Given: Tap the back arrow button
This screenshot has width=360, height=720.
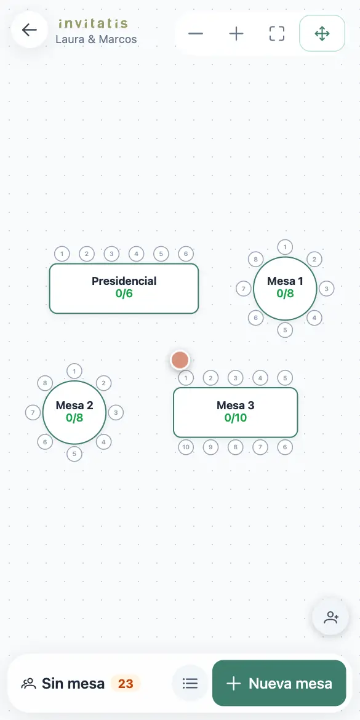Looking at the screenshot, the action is coord(30,30).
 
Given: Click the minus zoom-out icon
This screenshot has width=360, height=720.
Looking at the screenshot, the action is coord(196,33).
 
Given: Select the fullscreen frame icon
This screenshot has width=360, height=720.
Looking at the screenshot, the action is coord(277,33).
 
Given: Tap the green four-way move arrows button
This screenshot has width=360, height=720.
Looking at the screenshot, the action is coord(322,33).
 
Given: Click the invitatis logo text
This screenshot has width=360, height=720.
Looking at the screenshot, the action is coord(93,23).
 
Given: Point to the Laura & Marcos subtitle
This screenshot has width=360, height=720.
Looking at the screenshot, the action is coord(96,39).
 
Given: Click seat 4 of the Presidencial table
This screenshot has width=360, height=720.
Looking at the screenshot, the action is coord(137,254).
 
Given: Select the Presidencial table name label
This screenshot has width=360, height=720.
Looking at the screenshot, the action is coord(124,281).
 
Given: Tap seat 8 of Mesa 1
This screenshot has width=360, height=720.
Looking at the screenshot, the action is coord(256,260).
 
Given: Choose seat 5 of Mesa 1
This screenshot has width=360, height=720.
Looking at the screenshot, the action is coord(285,330).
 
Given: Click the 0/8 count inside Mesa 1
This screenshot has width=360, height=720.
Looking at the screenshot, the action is coord(285,294).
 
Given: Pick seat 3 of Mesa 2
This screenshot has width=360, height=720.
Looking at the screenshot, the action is coord(116,412).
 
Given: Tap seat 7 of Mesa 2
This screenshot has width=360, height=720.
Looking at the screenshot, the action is coord(33,412).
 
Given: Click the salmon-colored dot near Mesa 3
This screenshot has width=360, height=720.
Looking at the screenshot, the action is coord(180,361).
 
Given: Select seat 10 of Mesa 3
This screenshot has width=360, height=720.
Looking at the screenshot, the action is coord(186,447).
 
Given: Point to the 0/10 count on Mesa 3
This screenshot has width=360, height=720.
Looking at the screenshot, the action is coord(236,418).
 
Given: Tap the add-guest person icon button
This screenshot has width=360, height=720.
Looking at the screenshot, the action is coord(330,617).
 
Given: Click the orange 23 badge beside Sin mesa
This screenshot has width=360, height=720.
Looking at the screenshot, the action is coord(126,684).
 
